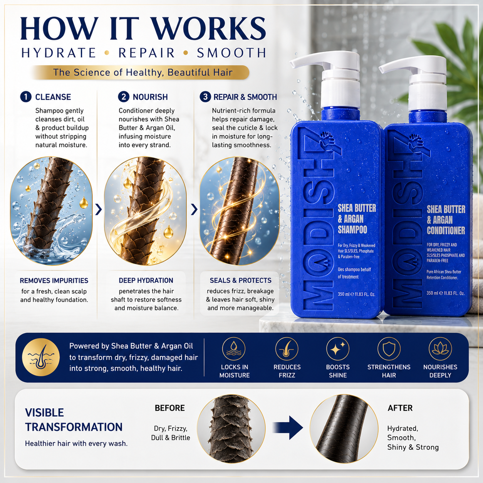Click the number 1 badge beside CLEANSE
pyautogui.click(x=25, y=97)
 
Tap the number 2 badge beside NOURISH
pyautogui.click(x=124, y=97)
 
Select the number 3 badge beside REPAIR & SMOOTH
pyautogui.click(x=205, y=97)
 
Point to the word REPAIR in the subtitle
pyautogui.click(x=147, y=53)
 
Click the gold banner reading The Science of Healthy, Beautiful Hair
pyautogui.click(x=140, y=72)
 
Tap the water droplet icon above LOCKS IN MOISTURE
pyautogui.click(x=234, y=349)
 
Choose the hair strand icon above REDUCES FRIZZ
pyautogui.click(x=287, y=349)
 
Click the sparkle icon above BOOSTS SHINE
pyautogui.click(x=338, y=349)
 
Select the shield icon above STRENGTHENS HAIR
pyautogui.click(x=389, y=349)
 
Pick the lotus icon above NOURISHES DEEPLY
pyautogui.click(x=440, y=349)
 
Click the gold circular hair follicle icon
pyautogui.click(x=41, y=357)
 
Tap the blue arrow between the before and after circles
pyautogui.click(x=288, y=428)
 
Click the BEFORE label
pyautogui.click(x=170, y=408)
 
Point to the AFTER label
pyautogui.click(x=400, y=408)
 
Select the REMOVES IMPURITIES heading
pyautogui.click(x=54, y=280)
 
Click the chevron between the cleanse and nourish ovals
pyautogui.click(x=99, y=210)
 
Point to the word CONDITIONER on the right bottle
pyautogui.click(x=446, y=231)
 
